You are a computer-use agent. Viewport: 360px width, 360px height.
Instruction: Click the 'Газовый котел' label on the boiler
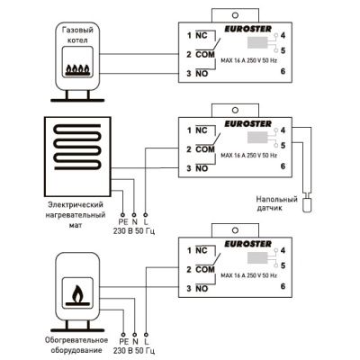[x=77, y=35]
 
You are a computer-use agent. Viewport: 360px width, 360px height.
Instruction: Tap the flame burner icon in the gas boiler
[x=77, y=70]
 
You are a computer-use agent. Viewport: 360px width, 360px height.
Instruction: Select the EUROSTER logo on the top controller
[x=248, y=29]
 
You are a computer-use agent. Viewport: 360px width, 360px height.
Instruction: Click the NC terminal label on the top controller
[x=202, y=35]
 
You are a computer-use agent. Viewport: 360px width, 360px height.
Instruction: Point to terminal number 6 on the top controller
[x=283, y=71]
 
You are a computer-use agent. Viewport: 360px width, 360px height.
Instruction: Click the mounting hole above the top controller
[x=236, y=15]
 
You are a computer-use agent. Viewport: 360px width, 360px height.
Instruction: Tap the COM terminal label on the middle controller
[x=205, y=149]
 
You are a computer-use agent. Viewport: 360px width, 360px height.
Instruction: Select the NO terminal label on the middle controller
[x=202, y=168]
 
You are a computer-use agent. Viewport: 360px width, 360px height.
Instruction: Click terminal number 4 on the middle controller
[x=283, y=130]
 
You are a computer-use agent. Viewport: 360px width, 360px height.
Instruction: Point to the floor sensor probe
[x=307, y=205]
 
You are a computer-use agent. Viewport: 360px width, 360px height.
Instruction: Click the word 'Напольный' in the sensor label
[x=276, y=199]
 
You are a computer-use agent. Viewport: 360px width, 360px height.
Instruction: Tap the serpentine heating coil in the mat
[x=77, y=147]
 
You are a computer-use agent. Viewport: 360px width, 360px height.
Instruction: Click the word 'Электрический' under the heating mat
[x=76, y=204]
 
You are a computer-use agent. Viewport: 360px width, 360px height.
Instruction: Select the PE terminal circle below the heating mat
[x=122, y=215]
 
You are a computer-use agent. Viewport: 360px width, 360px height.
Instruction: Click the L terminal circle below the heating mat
[x=146, y=215]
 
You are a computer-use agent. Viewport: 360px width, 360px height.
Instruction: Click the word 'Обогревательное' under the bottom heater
[x=76, y=340]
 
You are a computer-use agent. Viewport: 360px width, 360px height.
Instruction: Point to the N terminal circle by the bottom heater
[x=134, y=334]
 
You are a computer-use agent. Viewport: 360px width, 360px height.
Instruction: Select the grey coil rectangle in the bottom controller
[x=257, y=257]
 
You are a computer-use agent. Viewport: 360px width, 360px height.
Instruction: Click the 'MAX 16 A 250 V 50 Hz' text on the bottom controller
[x=248, y=275]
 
